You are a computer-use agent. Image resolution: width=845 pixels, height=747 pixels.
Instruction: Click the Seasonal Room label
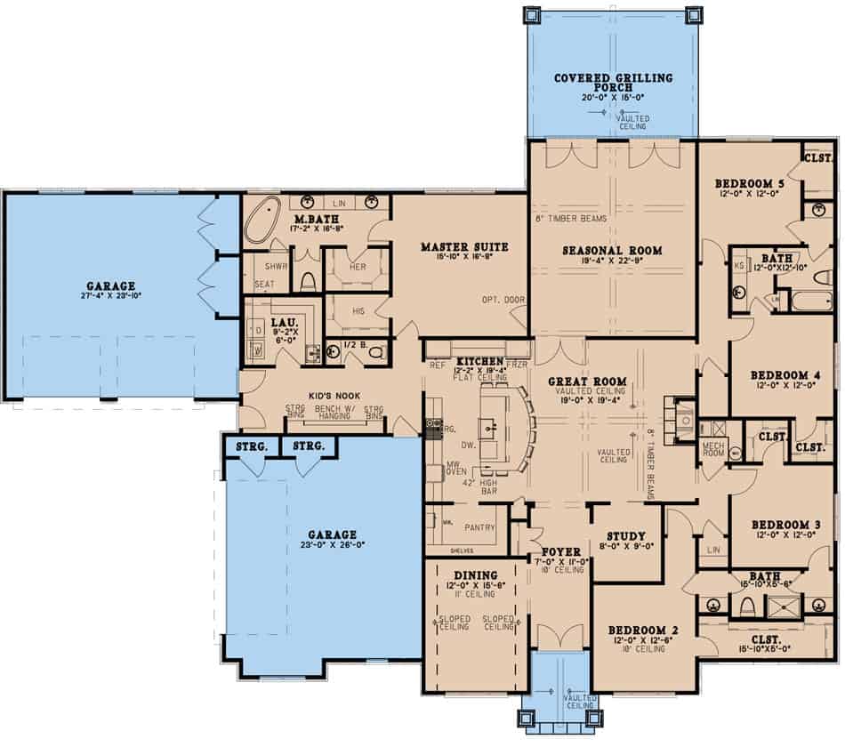613,251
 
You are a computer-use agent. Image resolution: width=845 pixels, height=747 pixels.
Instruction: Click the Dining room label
476,575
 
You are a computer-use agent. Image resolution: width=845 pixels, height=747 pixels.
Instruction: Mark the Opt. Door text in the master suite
503,300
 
